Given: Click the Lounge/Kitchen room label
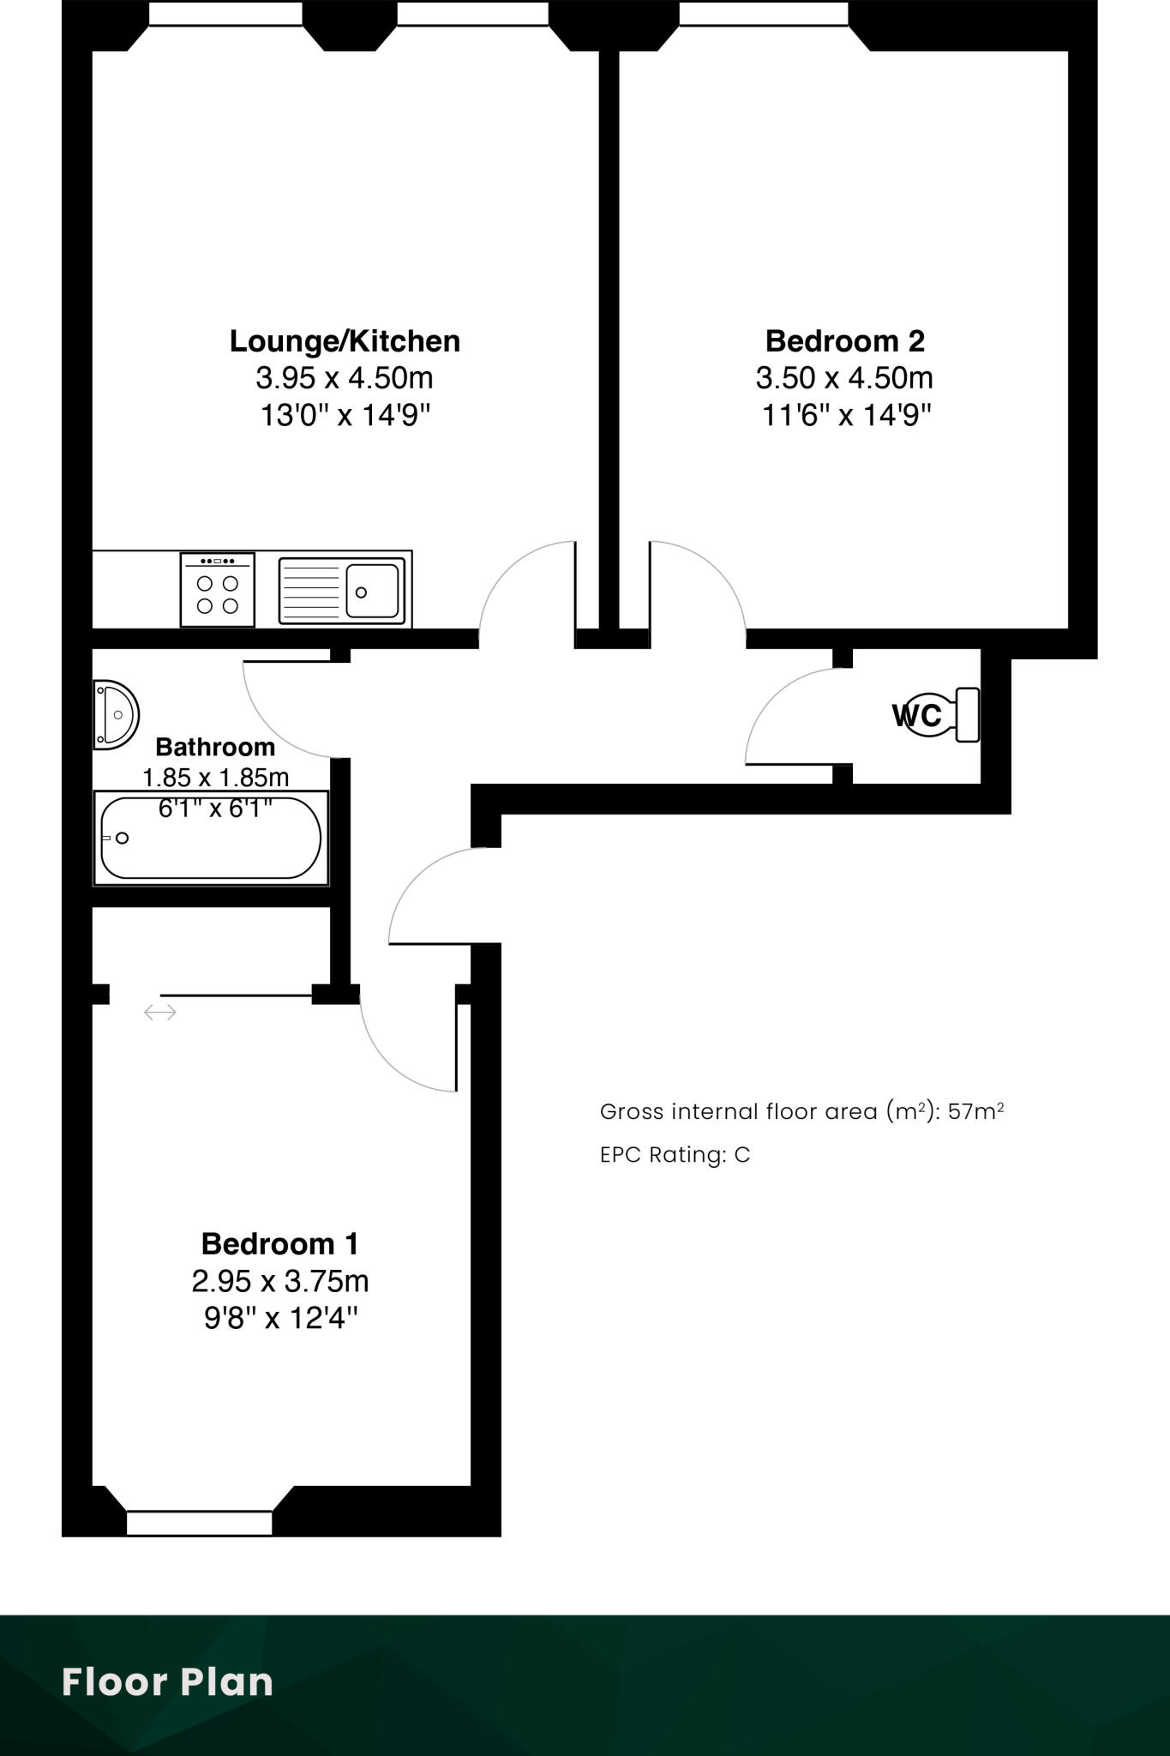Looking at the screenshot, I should point(345,341).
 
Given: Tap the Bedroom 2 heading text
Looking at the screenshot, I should point(844,341).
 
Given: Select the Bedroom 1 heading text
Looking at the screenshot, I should point(279,1243).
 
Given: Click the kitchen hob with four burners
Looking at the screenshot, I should point(218,590).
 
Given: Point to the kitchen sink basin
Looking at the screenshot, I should point(373,591).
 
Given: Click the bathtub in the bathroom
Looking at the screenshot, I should point(211,838).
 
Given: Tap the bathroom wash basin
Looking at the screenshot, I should point(116,714).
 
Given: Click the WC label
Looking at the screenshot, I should point(916,715).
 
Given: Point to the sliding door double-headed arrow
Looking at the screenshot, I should point(160,1013).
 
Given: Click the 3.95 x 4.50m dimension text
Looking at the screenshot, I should point(345,377).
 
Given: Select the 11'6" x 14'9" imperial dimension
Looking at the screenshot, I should point(846,416).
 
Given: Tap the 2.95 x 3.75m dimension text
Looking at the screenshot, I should point(279,1281).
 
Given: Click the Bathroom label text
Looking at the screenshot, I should point(215,747).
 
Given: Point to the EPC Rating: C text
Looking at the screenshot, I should point(675,1155).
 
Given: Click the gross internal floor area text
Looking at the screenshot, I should point(801,1112).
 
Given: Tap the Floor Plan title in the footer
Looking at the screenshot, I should point(167,1682).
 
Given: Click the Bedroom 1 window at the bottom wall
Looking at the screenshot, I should point(199,1523).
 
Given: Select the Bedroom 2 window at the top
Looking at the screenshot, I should point(763,14).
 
